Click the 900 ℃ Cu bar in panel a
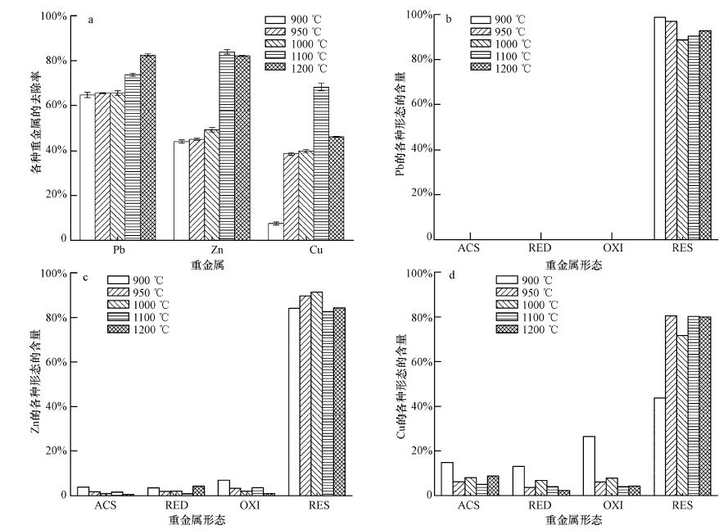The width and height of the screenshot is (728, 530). (275, 231)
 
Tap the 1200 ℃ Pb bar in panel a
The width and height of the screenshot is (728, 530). (147, 147)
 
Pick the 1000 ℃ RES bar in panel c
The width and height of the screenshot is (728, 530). (316, 393)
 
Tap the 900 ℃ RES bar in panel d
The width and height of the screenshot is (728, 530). (659, 446)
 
